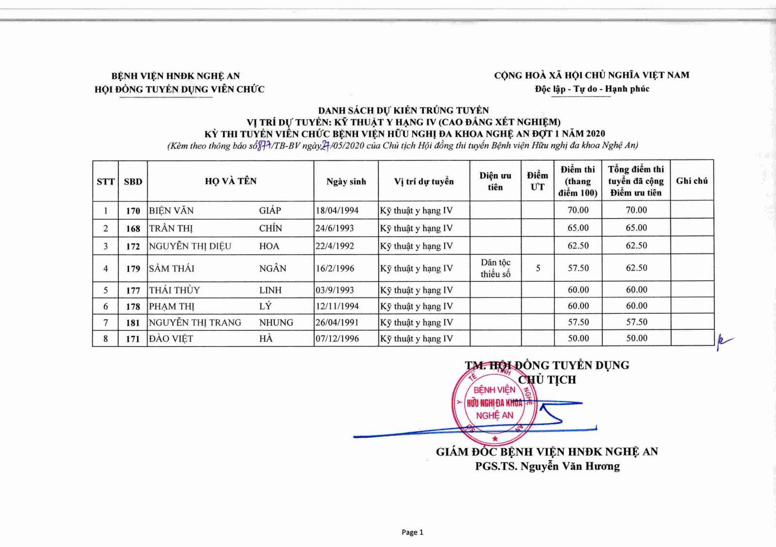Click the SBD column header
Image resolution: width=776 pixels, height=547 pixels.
click(x=133, y=182)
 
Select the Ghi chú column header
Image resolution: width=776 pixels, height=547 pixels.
click(x=692, y=181)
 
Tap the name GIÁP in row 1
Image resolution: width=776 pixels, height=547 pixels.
click(x=270, y=210)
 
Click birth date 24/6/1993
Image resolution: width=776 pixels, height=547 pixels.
click(x=335, y=228)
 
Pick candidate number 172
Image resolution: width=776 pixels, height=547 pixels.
click(x=133, y=246)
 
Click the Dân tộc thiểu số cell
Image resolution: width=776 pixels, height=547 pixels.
click(x=495, y=268)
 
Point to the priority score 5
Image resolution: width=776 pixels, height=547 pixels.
click(x=538, y=268)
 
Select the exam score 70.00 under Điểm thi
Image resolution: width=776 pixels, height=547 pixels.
click(x=578, y=210)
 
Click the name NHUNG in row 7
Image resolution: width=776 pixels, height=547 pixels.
click(x=276, y=322)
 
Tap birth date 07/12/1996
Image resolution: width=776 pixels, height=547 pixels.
click(x=337, y=339)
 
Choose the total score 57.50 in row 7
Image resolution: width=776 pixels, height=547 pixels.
click(x=636, y=322)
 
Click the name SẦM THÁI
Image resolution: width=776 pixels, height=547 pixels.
click(x=172, y=268)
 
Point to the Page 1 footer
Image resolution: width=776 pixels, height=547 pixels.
click(x=412, y=532)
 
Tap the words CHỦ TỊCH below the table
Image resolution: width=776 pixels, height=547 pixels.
click(x=547, y=380)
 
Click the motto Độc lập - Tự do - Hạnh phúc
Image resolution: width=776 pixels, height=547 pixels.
click(x=592, y=89)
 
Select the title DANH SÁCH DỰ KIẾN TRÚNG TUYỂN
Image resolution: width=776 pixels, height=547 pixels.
click(x=404, y=110)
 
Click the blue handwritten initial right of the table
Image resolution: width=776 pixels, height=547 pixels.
click(x=724, y=342)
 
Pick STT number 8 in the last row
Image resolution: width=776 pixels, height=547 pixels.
click(x=106, y=339)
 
